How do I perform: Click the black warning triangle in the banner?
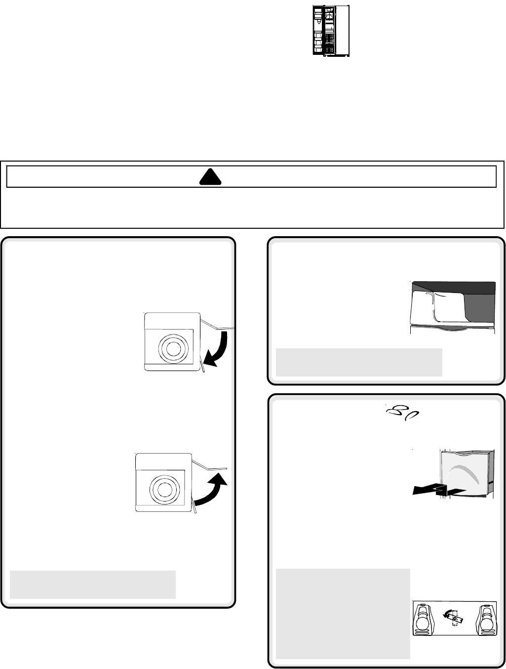pos(210,177)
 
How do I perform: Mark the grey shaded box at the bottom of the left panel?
pos(92,585)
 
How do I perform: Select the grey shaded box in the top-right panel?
pos(358,362)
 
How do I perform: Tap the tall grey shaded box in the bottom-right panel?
pos(343,613)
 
